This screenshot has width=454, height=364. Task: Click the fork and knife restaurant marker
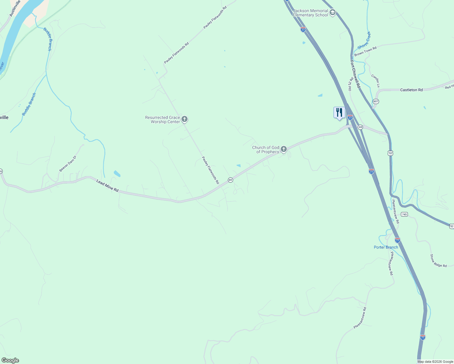(x=339, y=113)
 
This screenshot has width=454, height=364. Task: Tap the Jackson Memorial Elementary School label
(x=310, y=13)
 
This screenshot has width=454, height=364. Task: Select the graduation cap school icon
(x=332, y=12)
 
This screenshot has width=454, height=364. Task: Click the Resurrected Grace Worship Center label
(x=162, y=120)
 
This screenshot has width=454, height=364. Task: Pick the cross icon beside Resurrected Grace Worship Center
(x=185, y=119)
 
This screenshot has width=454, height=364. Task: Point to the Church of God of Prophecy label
(x=266, y=150)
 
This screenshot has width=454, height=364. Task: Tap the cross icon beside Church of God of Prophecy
(x=284, y=149)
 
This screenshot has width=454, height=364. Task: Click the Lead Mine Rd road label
(x=107, y=186)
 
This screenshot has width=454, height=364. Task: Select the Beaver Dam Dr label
(x=68, y=164)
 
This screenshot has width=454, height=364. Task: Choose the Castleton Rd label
(x=411, y=90)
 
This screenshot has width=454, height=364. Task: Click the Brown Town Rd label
(x=365, y=51)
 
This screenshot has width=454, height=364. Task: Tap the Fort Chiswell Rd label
(x=355, y=74)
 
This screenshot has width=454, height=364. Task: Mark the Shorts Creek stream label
(x=364, y=40)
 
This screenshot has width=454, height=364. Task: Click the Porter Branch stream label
(x=386, y=247)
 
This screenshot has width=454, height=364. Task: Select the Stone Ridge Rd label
(x=438, y=261)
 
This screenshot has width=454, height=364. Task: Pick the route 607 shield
(x=376, y=101)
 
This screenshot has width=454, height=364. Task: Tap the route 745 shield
(x=404, y=214)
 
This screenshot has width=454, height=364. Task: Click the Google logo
(x=10, y=360)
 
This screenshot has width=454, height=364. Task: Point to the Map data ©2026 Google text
(x=435, y=362)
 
